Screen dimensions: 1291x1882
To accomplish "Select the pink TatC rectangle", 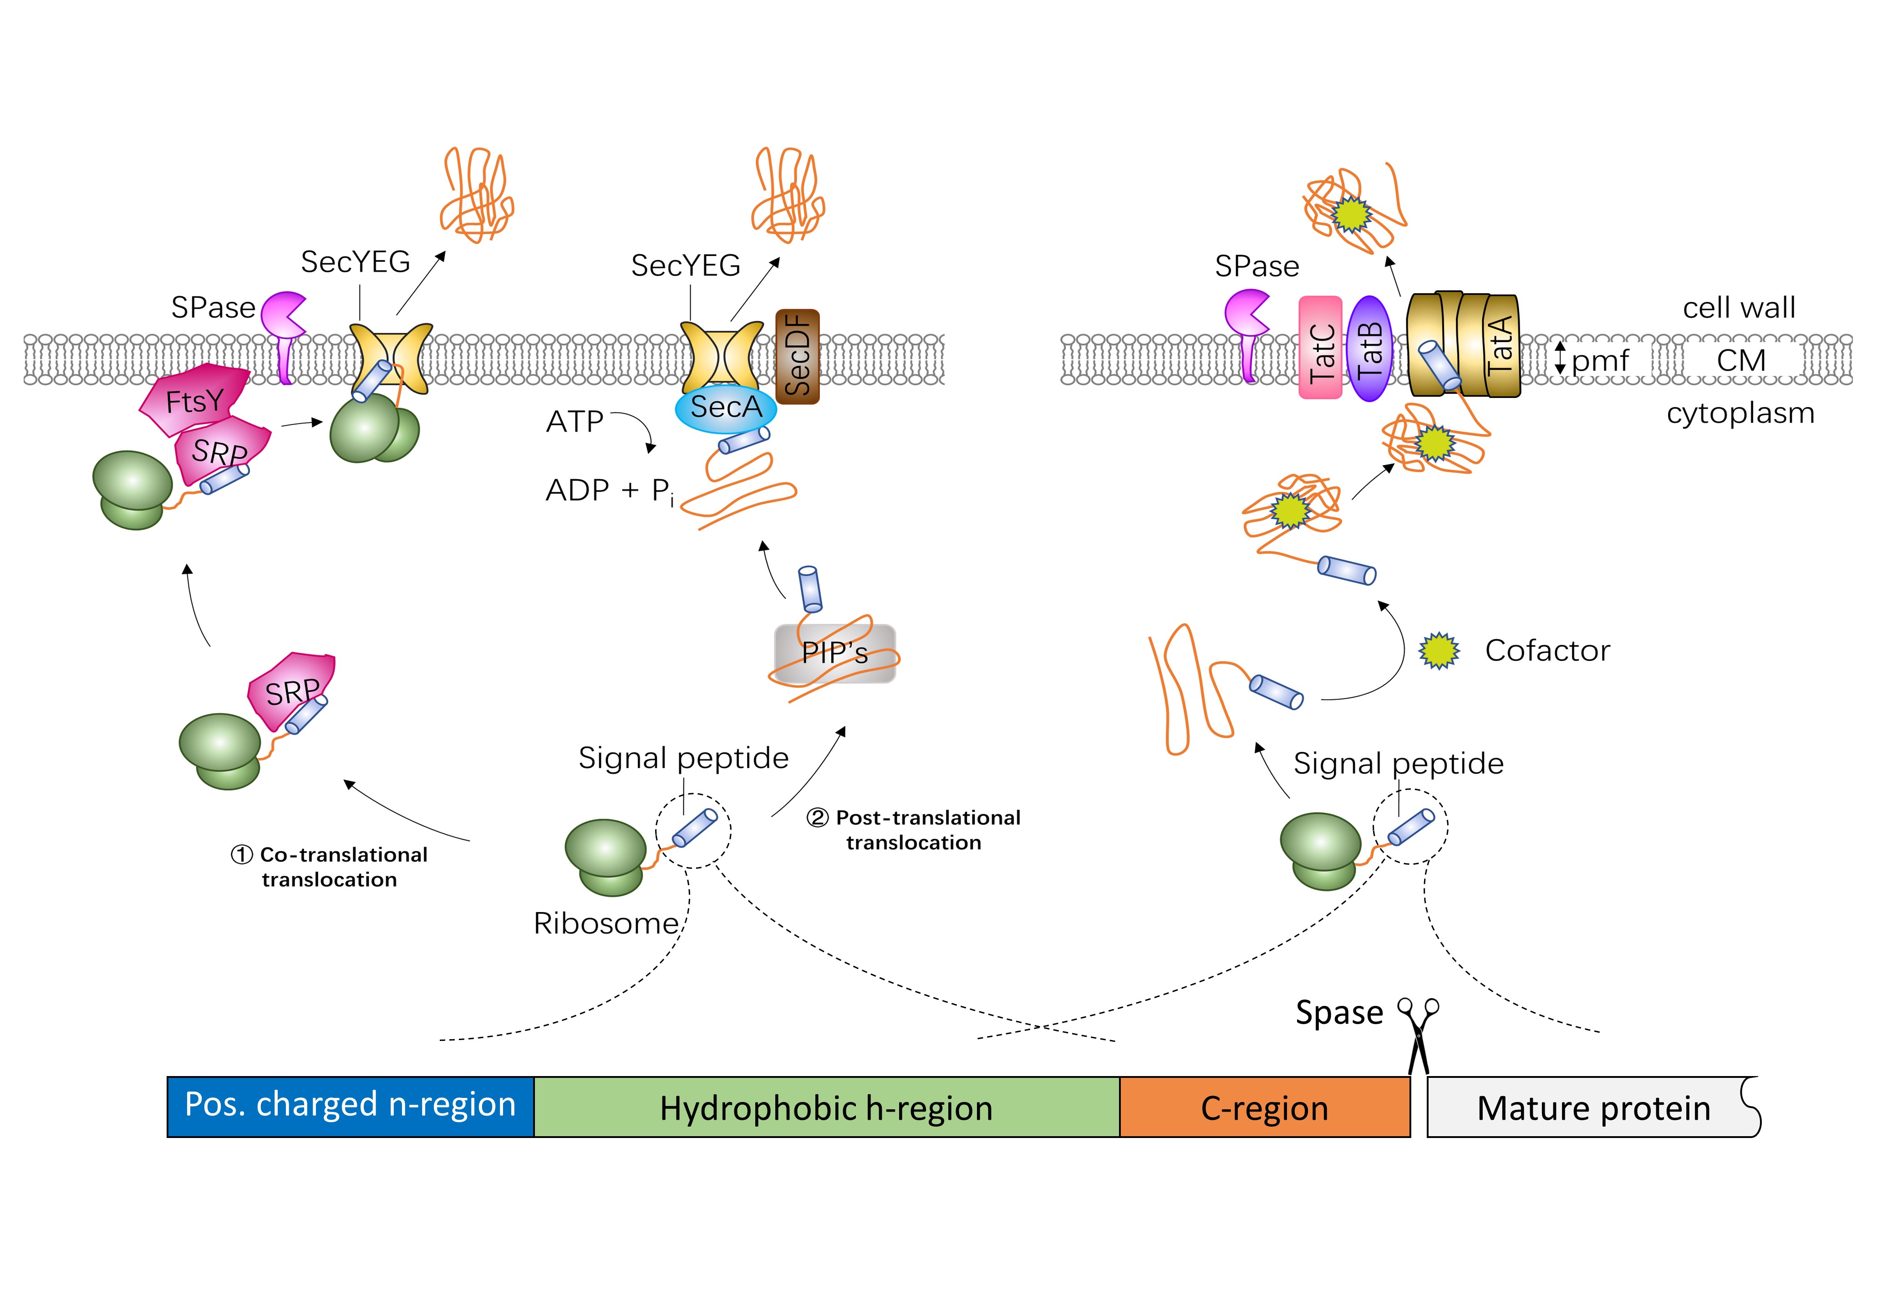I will pyautogui.click(x=1320, y=348).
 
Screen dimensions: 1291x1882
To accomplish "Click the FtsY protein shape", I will pyautogui.click(x=194, y=399).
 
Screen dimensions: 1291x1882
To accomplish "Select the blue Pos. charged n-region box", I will pyautogui.click(x=350, y=1106).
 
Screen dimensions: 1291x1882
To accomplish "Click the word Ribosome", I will pyautogui.click(x=606, y=924).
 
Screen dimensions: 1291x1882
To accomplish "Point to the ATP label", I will pyautogui.click(x=575, y=422).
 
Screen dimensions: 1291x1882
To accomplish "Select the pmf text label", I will pyautogui.click(x=1599, y=360).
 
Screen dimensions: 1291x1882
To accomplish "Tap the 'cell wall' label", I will pyautogui.click(x=1739, y=308).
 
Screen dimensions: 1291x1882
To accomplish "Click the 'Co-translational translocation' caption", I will pyautogui.click(x=330, y=867).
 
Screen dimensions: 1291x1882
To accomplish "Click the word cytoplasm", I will pyautogui.click(x=1740, y=413).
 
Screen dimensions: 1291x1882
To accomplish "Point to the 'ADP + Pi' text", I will pyautogui.click(x=609, y=491).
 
